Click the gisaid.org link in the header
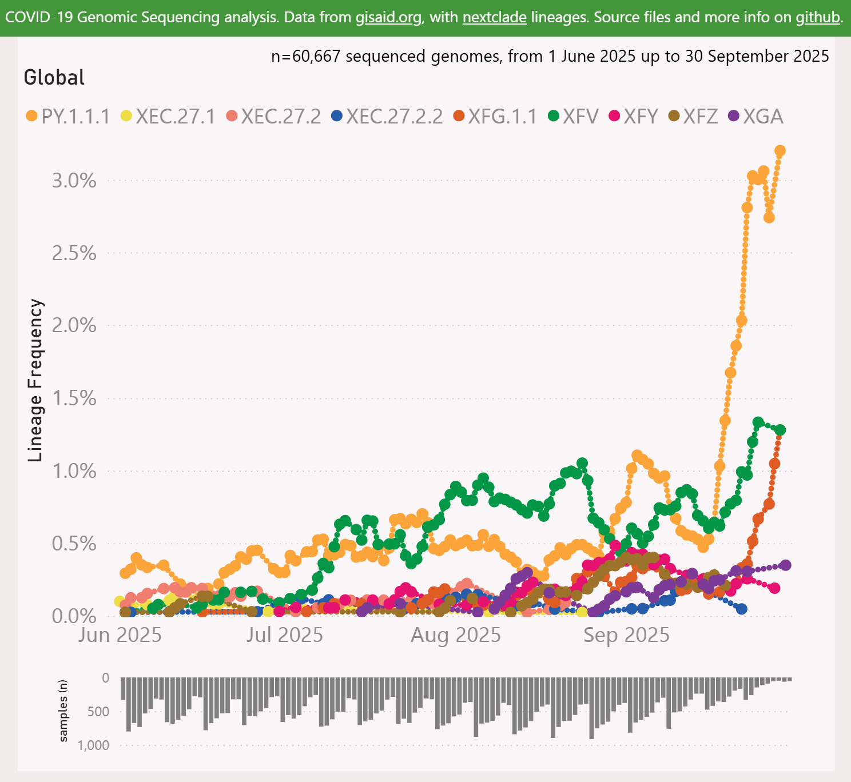388,17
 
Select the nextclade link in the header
494,17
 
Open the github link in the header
818,17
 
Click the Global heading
54,77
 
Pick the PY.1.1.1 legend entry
68,117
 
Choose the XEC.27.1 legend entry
168,117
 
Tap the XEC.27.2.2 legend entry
387,117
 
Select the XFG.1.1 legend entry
495,117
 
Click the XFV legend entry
573,117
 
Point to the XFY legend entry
634,117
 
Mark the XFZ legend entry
693,117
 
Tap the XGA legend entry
755,117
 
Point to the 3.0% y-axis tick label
75,181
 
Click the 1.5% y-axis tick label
75,398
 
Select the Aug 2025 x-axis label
456,635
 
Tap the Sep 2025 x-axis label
626,635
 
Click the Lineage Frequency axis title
36,380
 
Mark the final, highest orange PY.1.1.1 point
780,151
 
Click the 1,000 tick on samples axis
94,745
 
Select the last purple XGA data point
785,565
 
